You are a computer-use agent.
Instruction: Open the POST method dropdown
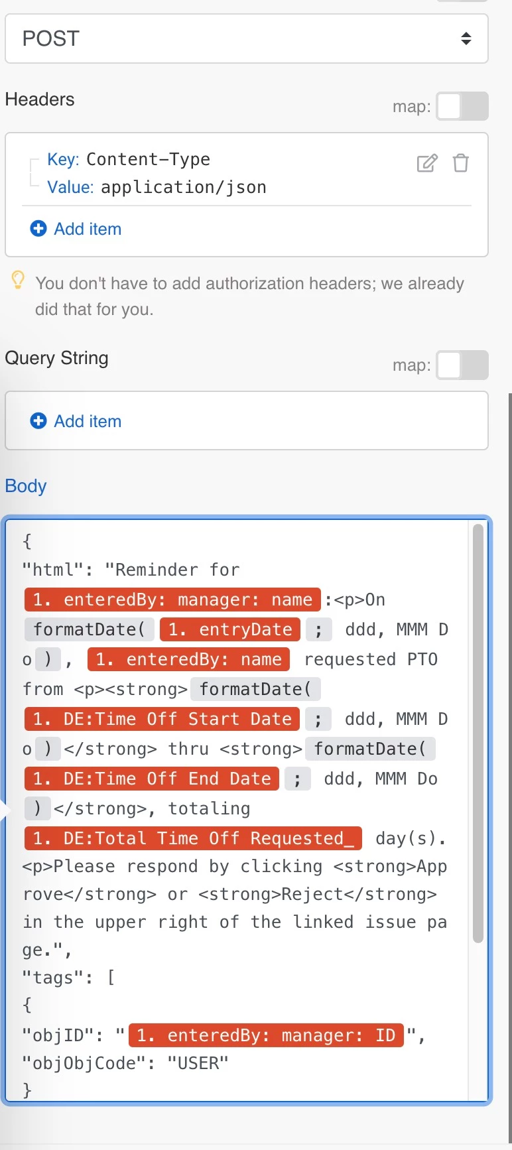pos(247,38)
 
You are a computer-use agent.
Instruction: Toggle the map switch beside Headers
pos(462,106)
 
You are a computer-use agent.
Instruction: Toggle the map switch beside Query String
pos(462,365)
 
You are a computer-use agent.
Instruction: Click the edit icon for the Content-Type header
pos(427,162)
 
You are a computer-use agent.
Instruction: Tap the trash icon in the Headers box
pos(461,162)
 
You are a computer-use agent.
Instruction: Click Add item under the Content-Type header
pos(76,229)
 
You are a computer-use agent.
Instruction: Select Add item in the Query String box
pos(76,421)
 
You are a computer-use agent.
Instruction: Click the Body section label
pos(26,486)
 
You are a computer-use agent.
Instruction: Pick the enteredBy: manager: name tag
pos(172,600)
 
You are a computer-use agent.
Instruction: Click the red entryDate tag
pos(230,629)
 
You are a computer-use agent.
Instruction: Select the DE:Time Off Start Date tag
pos(162,719)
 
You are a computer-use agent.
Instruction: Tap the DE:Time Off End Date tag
pos(152,779)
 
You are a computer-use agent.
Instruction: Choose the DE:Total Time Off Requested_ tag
pos(193,838)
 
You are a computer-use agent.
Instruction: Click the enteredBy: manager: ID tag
pos(266,1035)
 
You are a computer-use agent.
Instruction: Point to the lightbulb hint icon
pos(18,280)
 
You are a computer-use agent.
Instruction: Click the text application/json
pos(184,188)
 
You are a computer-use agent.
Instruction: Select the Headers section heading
pos(40,99)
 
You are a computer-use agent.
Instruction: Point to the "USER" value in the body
pos(198,1063)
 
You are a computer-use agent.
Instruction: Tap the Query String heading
pos(57,358)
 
